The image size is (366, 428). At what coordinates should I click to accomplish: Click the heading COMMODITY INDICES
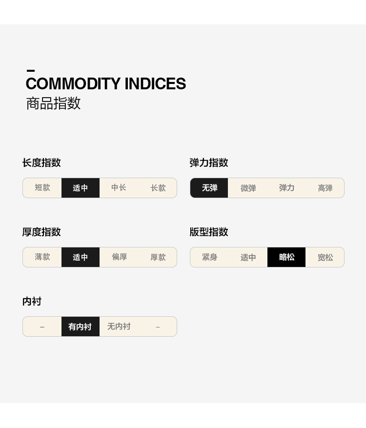(105, 84)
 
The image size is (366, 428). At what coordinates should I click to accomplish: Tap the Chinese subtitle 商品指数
(53, 103)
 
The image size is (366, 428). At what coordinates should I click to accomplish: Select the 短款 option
(42, 188)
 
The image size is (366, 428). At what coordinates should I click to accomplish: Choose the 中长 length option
(119, 188)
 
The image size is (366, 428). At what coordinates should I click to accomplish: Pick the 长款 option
(158, 188)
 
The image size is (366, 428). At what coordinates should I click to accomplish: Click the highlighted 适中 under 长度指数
(81, 188)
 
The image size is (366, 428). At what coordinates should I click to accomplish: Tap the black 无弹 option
(209, 188)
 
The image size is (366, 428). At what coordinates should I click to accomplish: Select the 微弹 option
(248, 188)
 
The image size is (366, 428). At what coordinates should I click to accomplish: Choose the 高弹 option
(325, 188)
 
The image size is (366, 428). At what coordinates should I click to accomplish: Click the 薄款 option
(42, 257)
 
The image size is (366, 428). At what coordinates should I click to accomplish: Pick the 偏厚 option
(119, 257)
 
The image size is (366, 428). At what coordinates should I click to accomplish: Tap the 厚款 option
(158, 257)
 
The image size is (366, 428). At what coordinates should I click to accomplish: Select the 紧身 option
(209, 257)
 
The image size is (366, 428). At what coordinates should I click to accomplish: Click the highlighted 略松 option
(286, 257)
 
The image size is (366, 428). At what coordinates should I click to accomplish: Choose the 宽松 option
(325, 257)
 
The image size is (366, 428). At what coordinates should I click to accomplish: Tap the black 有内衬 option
(80, 326)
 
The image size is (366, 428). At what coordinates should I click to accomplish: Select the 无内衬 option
(119, 326)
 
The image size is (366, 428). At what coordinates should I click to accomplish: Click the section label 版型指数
(209, 232)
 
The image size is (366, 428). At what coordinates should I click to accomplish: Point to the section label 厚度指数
(41, 232)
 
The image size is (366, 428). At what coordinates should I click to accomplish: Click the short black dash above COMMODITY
(31, 71)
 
